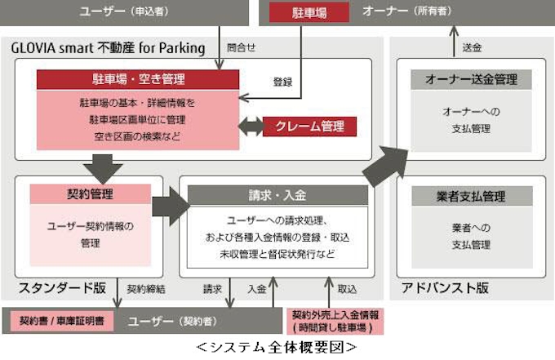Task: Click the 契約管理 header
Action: (90, 194)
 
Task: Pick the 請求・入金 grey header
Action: (277, 195)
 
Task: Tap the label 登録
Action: (282, 82)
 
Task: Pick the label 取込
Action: (346, 289)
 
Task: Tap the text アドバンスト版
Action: (445, 288)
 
